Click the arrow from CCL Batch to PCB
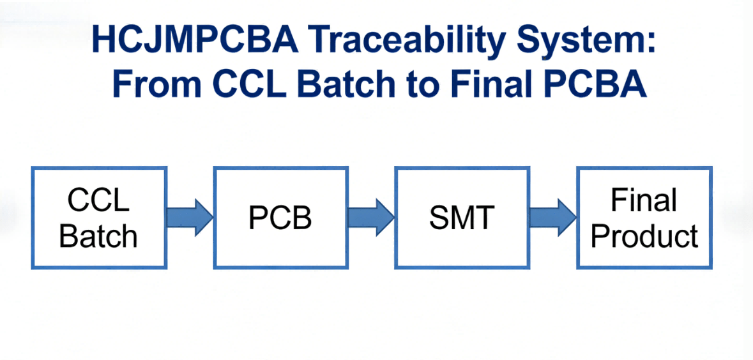pos(190,217)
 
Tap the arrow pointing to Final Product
pos(553,217)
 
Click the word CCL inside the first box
pos(98,200)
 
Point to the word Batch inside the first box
pos(98,236)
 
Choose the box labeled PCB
pos(280,218)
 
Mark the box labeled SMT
pos(462,218)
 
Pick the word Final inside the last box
pos(644,200)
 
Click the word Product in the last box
pos(644,236)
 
